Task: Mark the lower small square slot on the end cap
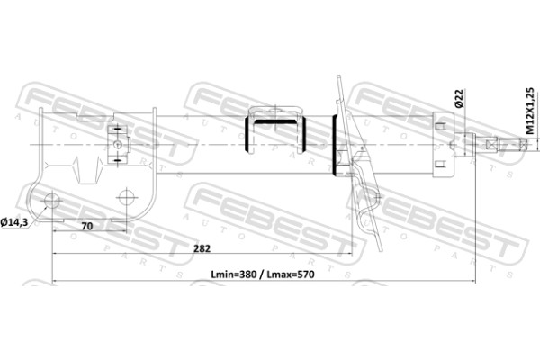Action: (440, 165)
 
